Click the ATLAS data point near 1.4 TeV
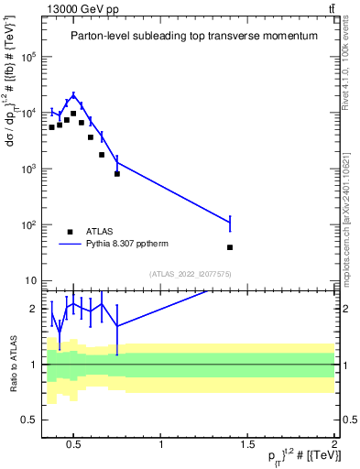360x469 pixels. (x=230, y=247)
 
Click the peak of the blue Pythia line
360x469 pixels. (x=74, y=94)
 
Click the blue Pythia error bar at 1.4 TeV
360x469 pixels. (x=230, y=223)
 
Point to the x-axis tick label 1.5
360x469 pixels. (x=247, y=446)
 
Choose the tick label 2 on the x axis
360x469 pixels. (x=334, y=446)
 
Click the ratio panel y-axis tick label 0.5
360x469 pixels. (x=28, y=420)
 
